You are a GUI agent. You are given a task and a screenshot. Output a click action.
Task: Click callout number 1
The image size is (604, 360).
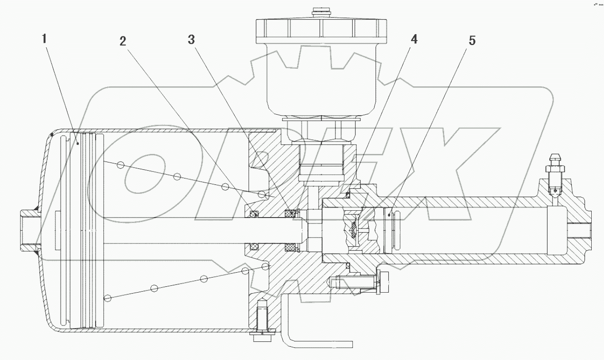click(x=44, y=39)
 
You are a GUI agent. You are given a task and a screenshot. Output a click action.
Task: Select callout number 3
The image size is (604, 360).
click(x=191, y=40)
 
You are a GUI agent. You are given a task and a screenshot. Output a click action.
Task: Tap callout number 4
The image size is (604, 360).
click(x=413, y=40)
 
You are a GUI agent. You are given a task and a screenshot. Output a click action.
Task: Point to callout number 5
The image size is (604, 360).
click(x=472, y=41)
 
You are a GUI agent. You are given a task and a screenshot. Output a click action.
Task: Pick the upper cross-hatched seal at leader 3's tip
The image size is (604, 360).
click(x=290, y=213)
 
